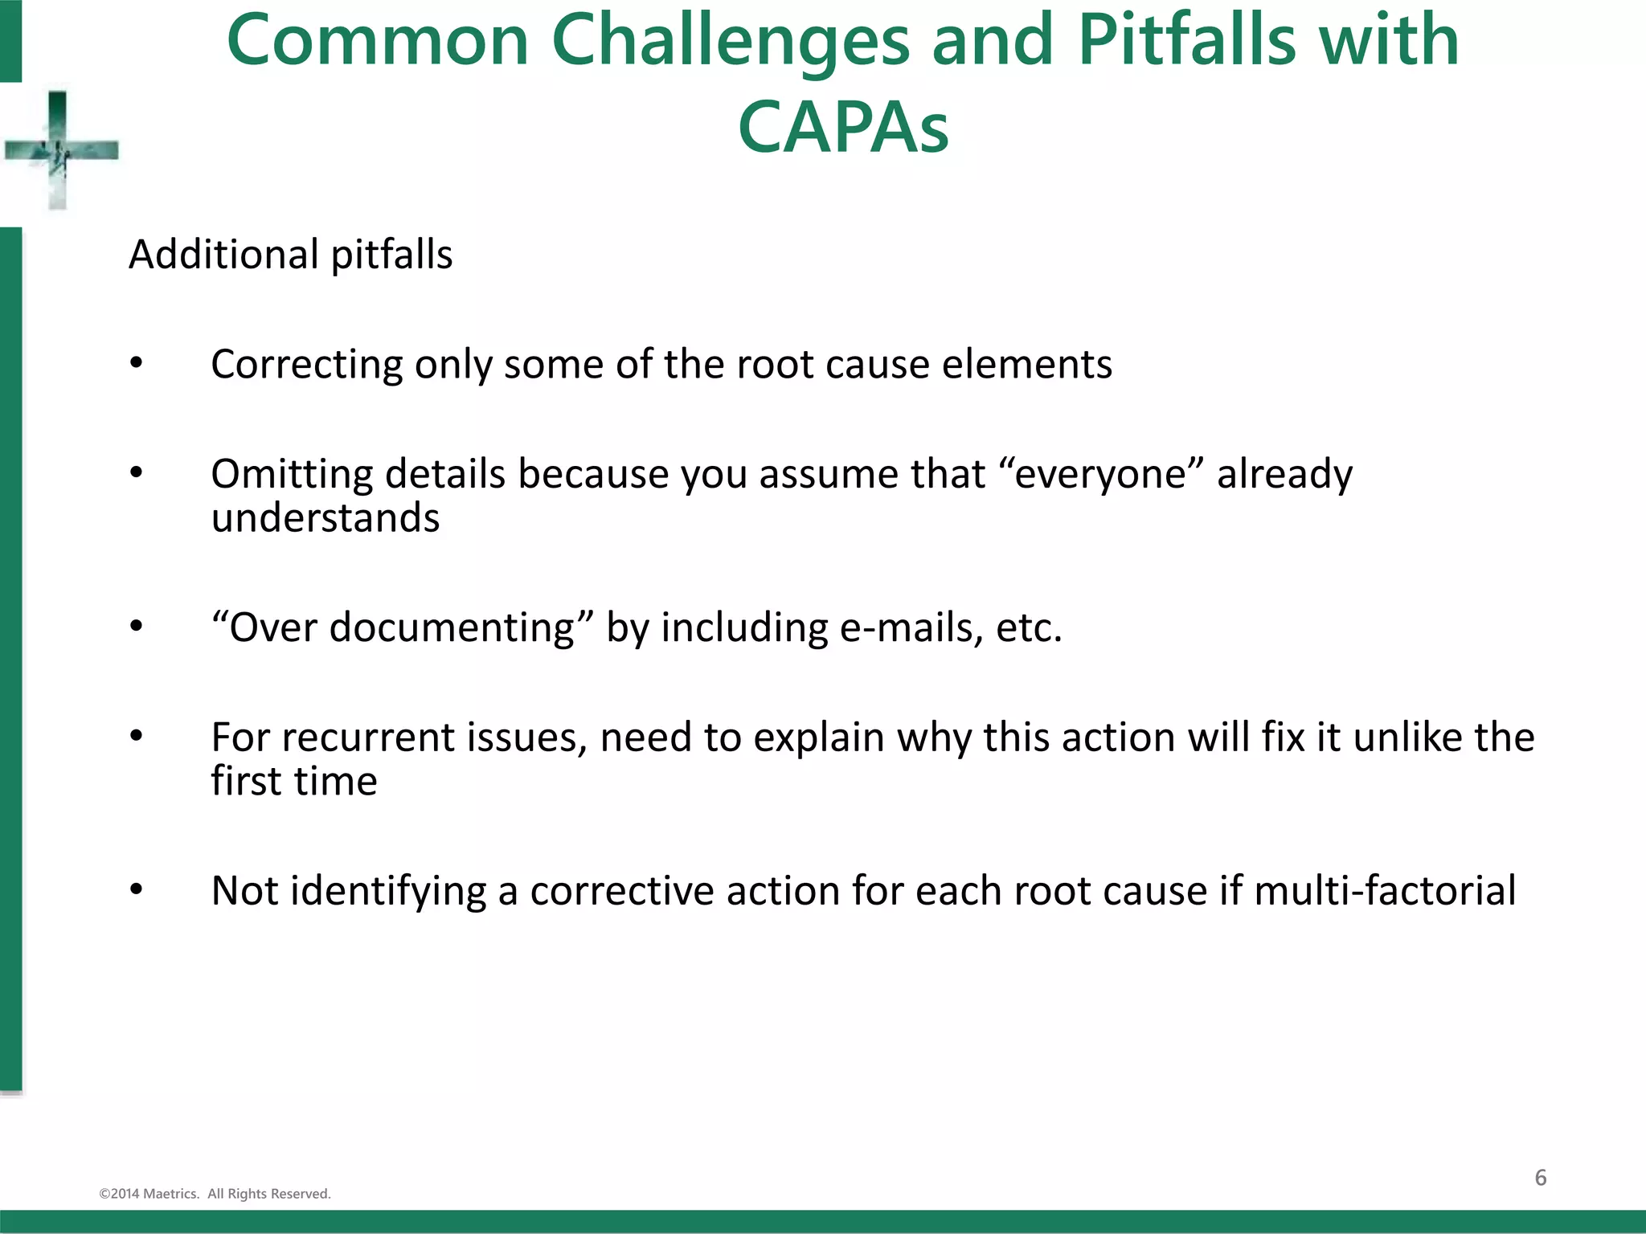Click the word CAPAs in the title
click(x=843, y=127)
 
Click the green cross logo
click(x=59, y=150)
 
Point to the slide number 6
click(x=1540, y=1178)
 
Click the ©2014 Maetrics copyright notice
click(x=215, y=1194)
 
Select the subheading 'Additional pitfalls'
click(x=290, y=255)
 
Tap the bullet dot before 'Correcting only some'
click(x=137, y=364)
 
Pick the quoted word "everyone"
click(x=1101, y=473)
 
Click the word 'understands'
click(x=326, y=517)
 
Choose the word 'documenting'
click(x=452, y=627)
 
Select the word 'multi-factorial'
click(x=1384, y=891)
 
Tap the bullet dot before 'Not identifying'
click(x=137, y=890)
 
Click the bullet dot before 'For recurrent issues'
click(x=137, y=737)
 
